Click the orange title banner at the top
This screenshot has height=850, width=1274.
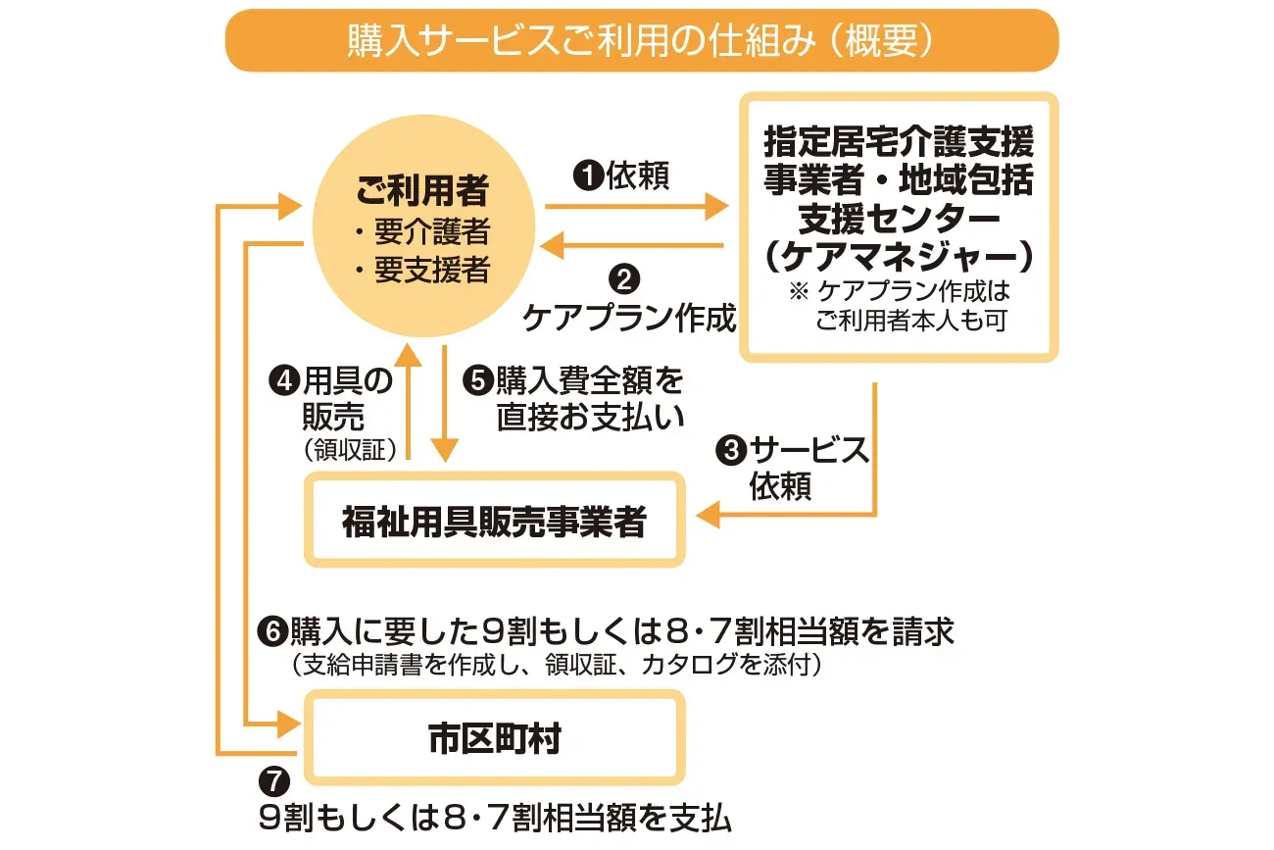[x=642, y=41]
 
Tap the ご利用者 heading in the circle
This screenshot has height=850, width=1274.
[x=422, y=192]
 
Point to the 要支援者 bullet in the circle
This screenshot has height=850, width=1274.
[x=422, y=270]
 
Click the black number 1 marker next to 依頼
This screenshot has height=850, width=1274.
[x=588, y=175]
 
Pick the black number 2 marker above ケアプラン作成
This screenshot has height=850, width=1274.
[x=623, y=280]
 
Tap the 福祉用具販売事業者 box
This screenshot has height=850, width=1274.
[x=494, y=521]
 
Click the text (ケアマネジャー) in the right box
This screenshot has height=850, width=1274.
[x=898, y=256]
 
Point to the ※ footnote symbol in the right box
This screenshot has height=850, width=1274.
[x=798, y=291]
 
